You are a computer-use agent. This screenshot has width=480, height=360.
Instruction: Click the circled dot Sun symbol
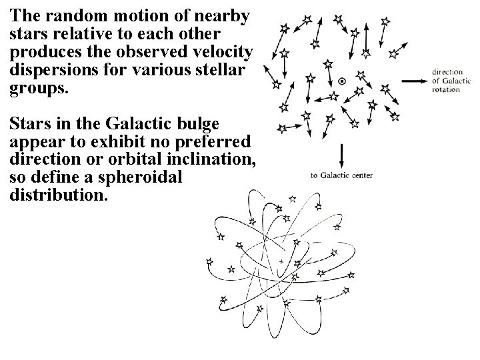pos(342,81)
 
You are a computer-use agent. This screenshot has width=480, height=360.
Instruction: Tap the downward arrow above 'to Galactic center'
pos(342,157)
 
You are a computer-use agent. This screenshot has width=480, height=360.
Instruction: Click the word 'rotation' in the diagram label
pos(446,90)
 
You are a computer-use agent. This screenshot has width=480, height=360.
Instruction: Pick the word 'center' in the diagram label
pos(360,176)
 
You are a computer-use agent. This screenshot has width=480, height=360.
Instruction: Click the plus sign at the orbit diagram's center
pos(282,261)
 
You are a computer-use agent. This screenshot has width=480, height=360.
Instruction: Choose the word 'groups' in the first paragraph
pos(36,87)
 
